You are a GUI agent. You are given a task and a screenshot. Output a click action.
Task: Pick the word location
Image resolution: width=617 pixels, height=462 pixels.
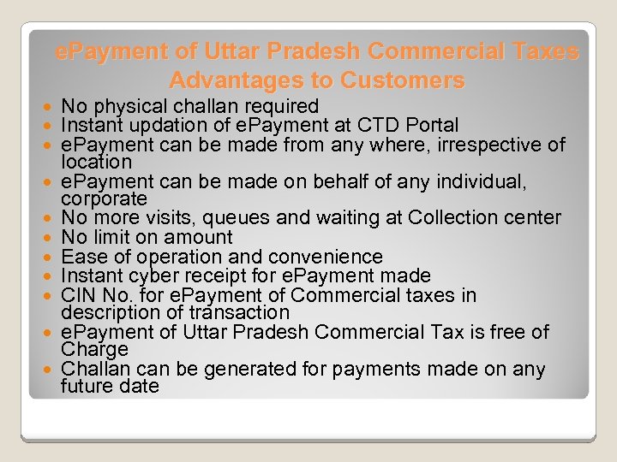[x=96, y=161]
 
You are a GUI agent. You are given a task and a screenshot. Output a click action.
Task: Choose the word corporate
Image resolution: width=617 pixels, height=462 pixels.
[x=104, y=198]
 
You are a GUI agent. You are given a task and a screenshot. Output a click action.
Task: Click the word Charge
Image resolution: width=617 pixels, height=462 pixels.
[x=94, y=349]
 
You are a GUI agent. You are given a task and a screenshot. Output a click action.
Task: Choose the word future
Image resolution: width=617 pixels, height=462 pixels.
[x=89, y=386]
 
